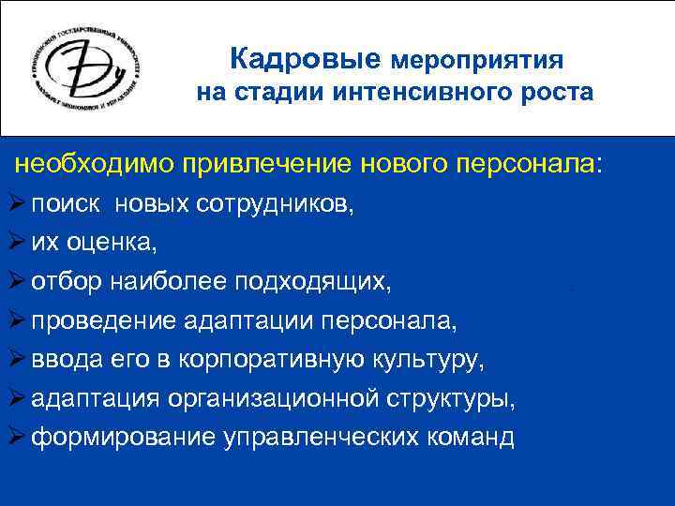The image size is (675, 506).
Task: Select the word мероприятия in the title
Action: coord(476,62)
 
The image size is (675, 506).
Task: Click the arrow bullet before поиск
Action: coord(16,205)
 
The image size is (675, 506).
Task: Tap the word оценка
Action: coord(111,244)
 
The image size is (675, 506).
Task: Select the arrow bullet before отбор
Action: coord(16,281)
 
